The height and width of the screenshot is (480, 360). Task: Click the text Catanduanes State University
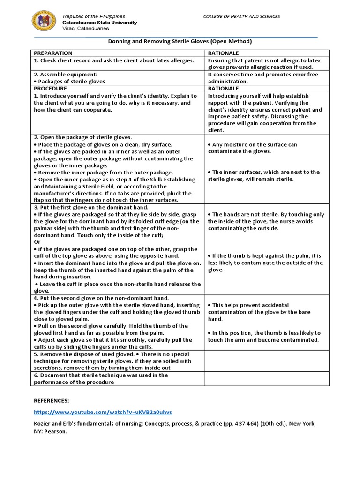pyautogui.click(x=100, y=22)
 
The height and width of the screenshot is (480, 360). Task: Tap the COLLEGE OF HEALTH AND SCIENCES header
pyautogui.click(x=241, y=16)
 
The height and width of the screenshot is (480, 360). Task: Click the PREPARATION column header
pyautogui.click(x=52, y=53)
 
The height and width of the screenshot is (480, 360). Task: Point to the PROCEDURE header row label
pyautogui.click(x=50, y=88)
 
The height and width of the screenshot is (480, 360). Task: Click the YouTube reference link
pyautogui.click(x=103, y=412)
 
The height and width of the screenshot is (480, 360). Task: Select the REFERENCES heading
pyautogui.click(x=51, y=401)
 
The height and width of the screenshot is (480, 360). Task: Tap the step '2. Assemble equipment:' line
pyautogui.click(x=65, y=74)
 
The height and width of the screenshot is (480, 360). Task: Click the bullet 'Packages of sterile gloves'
pyautogui.click(x=71, y=81)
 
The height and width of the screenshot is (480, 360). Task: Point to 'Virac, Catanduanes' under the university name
pyautogui.click(x=85, y=28)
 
